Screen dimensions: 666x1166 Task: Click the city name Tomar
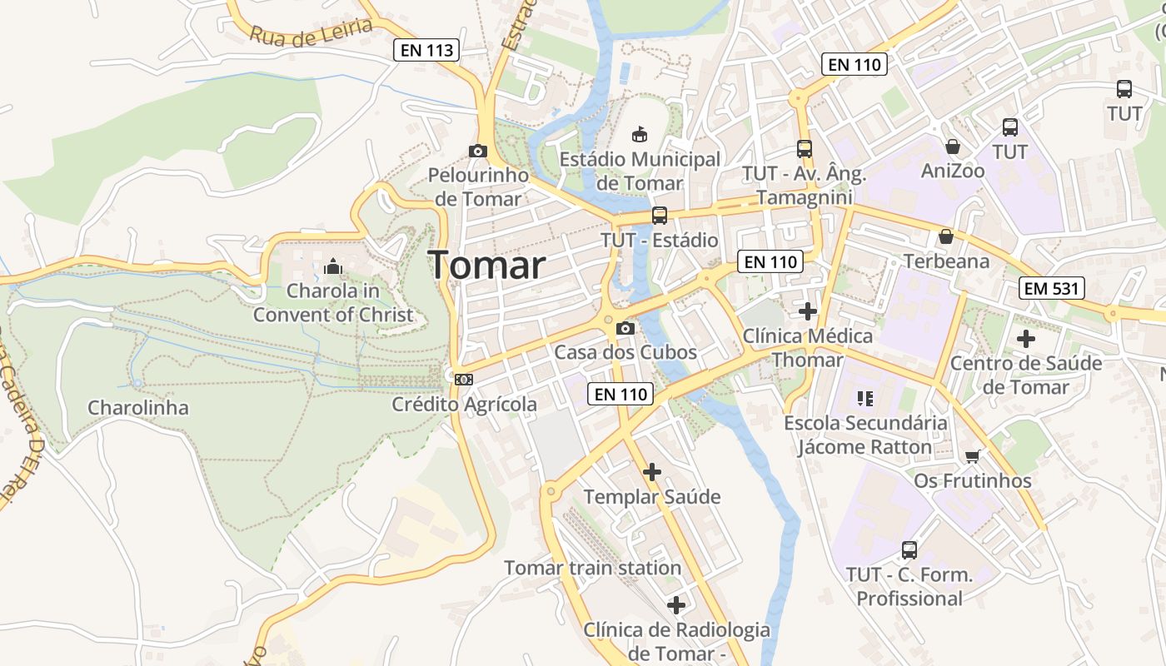pyautogui.click(x=487, y=266)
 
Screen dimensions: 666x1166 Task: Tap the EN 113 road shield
pyautogui.click(x=427, y=50)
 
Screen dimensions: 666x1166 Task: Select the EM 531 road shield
pyautogui.click(x=1052, y=289)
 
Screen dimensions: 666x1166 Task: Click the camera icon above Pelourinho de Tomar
pyautogui.click(x=477, y=151)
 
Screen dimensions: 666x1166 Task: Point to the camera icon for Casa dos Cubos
pyautogui.click(x=625, y=328)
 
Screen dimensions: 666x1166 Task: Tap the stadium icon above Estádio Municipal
pyautogui.click(x=640, y=134)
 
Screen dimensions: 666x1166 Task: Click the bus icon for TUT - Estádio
pyautogui.click(x=660, y=216)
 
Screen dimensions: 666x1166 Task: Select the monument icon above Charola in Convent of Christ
pyautogui.click(x=333, y=266)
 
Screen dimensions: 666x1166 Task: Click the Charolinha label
pyautogui.click(x=138, y=408)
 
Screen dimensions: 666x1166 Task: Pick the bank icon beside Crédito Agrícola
pyautogui.click(x=464, y=380)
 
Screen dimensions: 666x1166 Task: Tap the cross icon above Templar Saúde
pyautogui.click(x=652, y=473)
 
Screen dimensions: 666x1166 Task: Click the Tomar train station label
pyautogui.click(x=592, y=568)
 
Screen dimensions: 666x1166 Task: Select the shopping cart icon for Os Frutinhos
pyautogui.click(x=972, y=456)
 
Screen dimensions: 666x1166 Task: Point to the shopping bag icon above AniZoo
pyautogui.click(x=953, y=147)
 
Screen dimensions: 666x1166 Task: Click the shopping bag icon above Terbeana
pyautogui.click(x=946, y=236)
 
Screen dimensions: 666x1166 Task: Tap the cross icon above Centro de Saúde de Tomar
pyautogui.click(x=1026, y=339)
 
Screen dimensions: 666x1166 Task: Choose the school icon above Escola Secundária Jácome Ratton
pyautogui.click(x=865, y=399)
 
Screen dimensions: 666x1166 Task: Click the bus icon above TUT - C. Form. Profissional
pyautogui.click(x=909, y=550)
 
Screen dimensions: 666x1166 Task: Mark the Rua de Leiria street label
pyautogui.click(x=311, y=31)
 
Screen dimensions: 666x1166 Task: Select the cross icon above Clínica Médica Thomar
pyautogui.click(x=807, y=311)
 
